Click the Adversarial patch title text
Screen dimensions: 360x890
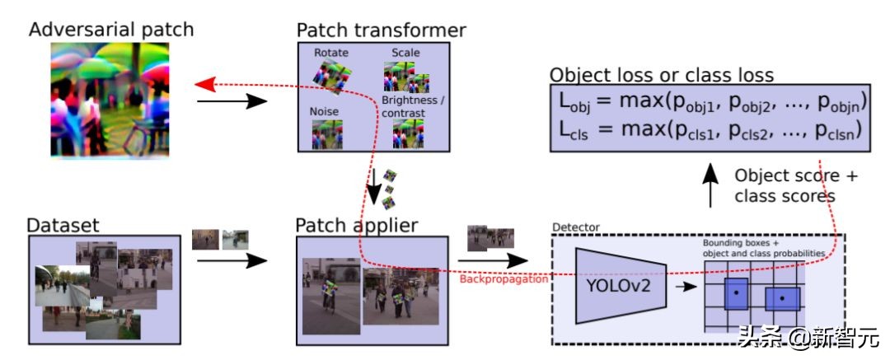(x=111, y=30)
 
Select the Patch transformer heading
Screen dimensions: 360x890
(x=382, y=31)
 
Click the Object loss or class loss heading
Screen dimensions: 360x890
(x=662, y=75)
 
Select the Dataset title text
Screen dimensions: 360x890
(x=63, y=225)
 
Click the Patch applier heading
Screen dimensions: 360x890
(x=358, y=225)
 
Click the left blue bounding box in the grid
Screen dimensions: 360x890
(x=736, y=292)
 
